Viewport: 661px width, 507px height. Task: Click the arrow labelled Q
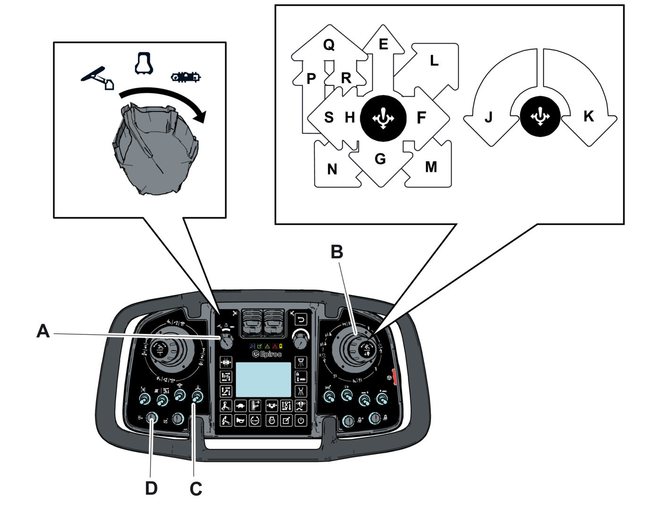pyautogui.click(x=329, y=46)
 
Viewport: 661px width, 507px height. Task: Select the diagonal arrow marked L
pyautogui.click(x=433, y=61)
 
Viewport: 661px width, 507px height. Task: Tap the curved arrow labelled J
pyautogui.click(x=489, y=117)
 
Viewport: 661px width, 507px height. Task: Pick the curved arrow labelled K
pyautogui.click(x=588, y=116)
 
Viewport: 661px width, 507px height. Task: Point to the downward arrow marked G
pyautogui.click(x=381, y=160)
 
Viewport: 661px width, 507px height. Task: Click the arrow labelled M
pyautogui.click(x=431, y=167)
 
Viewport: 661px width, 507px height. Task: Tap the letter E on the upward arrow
pyautogui.click(x=383, y=45)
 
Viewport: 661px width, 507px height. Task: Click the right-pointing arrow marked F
pyautogui.click(x=422, y=118)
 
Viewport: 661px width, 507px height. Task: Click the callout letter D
pyautogui.click(x=151, y=489)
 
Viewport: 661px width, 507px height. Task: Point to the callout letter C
pyautogui.click(x=195, y=489)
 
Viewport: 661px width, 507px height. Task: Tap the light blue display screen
pyautogui.click(x=263, y=380)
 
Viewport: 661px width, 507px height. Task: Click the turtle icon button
pyautogui.click(x=241, y=406)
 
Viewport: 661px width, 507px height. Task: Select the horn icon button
pyautogui.click(x=240, y=421)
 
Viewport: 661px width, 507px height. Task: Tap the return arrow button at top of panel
pyautogui.click(x=301, y=320)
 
